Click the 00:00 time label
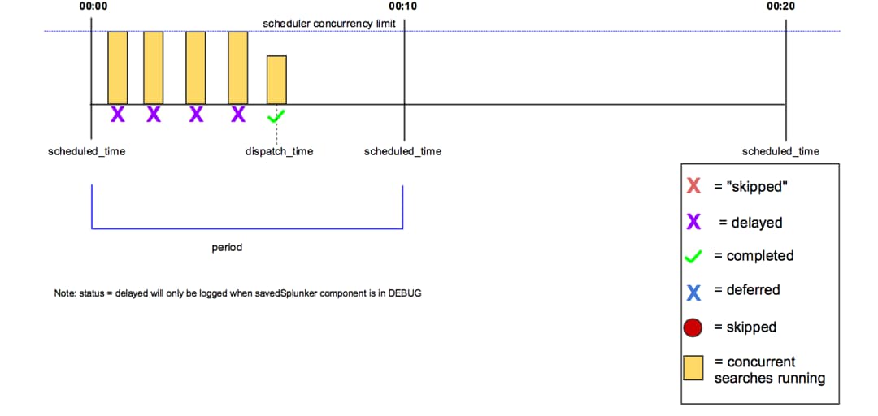[x=93, y=6]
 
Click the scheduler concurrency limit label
[x=328, y=24]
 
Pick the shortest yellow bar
[x=276, y=80]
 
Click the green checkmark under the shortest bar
[x=277, y=115]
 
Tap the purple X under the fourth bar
[x=237, y=115]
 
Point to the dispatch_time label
[x=279, y=151]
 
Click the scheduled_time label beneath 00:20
[x=780, y=151]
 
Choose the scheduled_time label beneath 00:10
[x=402, y=151]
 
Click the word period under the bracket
[x=227, y=247]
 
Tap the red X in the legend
[x=693, y=186]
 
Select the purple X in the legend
[x=693, y=222]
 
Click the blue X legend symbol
[x=693, y=291]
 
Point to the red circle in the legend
[x=693, y=327]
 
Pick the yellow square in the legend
[x=693, y=369]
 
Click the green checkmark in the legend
[x=693, y=256]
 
